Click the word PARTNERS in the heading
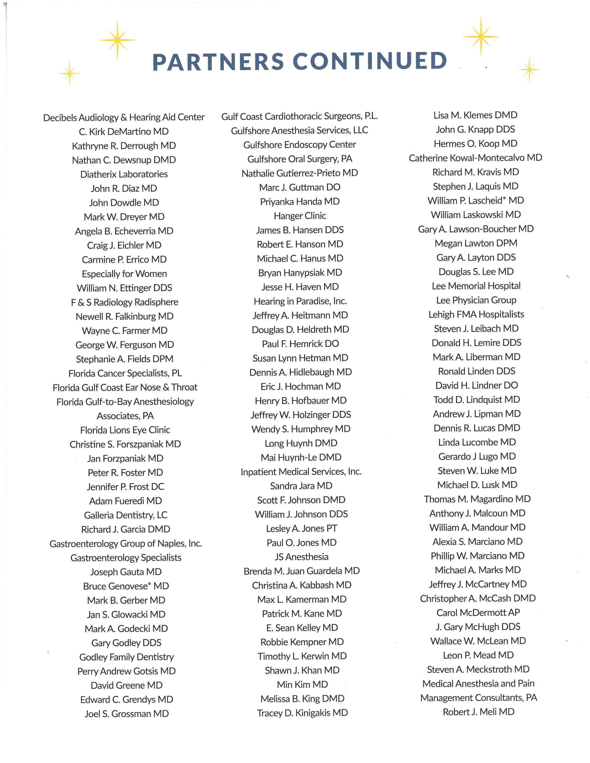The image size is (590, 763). coord(218,62)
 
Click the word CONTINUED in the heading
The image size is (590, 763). coord(370,61)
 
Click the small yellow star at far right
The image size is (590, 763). coord(529,70)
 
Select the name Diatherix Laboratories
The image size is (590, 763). coord(124,174)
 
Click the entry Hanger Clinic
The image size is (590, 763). coord(300,215)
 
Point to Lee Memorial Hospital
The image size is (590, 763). coord(476,286)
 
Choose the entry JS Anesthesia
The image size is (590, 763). coord(301,557)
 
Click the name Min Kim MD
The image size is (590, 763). coord(302,684)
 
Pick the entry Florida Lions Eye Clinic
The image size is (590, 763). coord(125,430)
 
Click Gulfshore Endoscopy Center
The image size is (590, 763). coord(300,144)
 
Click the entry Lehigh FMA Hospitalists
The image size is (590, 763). coord(476,314)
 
